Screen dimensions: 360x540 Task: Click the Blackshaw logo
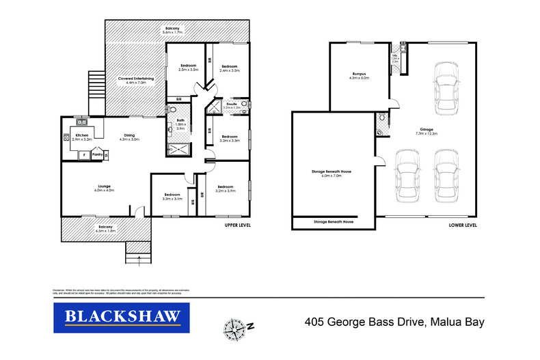tap(122, 316)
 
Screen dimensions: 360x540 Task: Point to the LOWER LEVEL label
tap(463, 225)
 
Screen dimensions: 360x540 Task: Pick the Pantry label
tap(96, 154)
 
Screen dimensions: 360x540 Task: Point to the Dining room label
tap(129, 137)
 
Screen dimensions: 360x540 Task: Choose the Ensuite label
tap(232, 106)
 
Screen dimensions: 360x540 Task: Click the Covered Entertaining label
tap(136, 80)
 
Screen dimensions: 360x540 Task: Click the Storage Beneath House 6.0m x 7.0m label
tap(332, 174)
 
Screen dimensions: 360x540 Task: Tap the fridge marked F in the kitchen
tap(83, 155)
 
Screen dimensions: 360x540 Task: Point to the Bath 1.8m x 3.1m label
tap(180, 124)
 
